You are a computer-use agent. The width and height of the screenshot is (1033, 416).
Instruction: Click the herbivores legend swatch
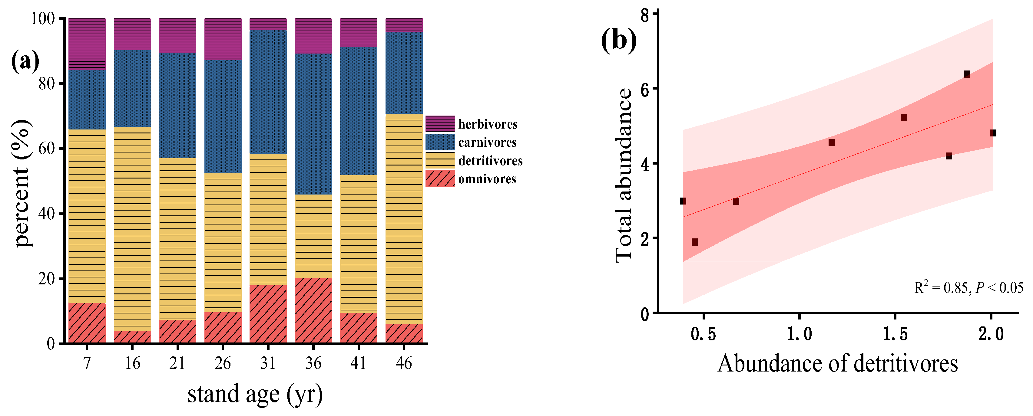(440, 123)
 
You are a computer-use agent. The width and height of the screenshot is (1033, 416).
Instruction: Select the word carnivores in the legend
(487, 142)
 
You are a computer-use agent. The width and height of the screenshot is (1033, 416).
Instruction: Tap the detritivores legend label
(490, 161)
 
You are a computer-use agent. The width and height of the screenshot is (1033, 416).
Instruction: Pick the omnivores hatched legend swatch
(440, 178)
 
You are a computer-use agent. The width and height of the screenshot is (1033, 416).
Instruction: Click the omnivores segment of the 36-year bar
(313, 311)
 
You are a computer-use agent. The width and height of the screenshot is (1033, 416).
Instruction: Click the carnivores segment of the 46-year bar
(404, 73)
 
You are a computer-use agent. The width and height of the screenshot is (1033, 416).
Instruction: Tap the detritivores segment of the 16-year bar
(132, 228)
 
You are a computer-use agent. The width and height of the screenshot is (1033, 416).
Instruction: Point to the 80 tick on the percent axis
(47, 84)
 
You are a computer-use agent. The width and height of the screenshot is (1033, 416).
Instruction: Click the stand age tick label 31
(268, 363)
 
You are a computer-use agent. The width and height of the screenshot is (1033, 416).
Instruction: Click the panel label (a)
(25, 61)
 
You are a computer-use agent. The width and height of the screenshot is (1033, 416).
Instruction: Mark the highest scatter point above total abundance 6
(967, 74)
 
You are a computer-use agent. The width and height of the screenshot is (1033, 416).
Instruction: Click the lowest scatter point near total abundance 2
(694, 242)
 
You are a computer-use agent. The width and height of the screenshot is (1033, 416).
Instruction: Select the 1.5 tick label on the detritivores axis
(896, 334)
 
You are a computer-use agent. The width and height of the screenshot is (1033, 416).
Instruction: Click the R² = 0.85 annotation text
(968, 287)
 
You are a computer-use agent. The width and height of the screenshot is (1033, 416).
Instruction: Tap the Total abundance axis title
(624, 175)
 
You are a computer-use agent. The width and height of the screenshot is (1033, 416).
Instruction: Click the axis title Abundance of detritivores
(837, 363)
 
